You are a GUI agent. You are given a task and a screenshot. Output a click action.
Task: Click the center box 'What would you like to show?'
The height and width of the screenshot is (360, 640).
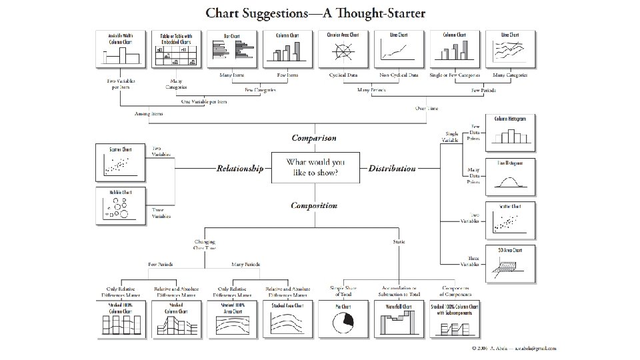coord(315,167)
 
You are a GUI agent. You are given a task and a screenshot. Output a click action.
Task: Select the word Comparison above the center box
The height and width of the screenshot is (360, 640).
coord(314,139)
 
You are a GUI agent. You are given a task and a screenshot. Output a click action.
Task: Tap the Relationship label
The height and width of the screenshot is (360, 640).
coord(239,169)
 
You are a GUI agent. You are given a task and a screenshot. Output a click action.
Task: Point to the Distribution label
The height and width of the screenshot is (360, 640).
coord(392,169)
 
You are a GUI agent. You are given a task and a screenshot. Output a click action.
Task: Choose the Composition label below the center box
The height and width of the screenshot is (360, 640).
coord(314,205)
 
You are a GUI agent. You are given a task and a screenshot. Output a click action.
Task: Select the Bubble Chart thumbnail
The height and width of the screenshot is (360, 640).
coord(119,207)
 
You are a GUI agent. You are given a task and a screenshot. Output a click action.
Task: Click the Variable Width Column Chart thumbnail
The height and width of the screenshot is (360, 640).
coord(120,49)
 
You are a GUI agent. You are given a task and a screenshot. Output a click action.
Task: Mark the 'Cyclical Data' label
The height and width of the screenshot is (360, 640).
coord(343,75)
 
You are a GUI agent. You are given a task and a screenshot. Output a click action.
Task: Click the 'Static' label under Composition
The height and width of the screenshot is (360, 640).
coord(399,241)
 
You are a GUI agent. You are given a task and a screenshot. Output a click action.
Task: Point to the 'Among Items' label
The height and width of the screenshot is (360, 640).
coord(148,114)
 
